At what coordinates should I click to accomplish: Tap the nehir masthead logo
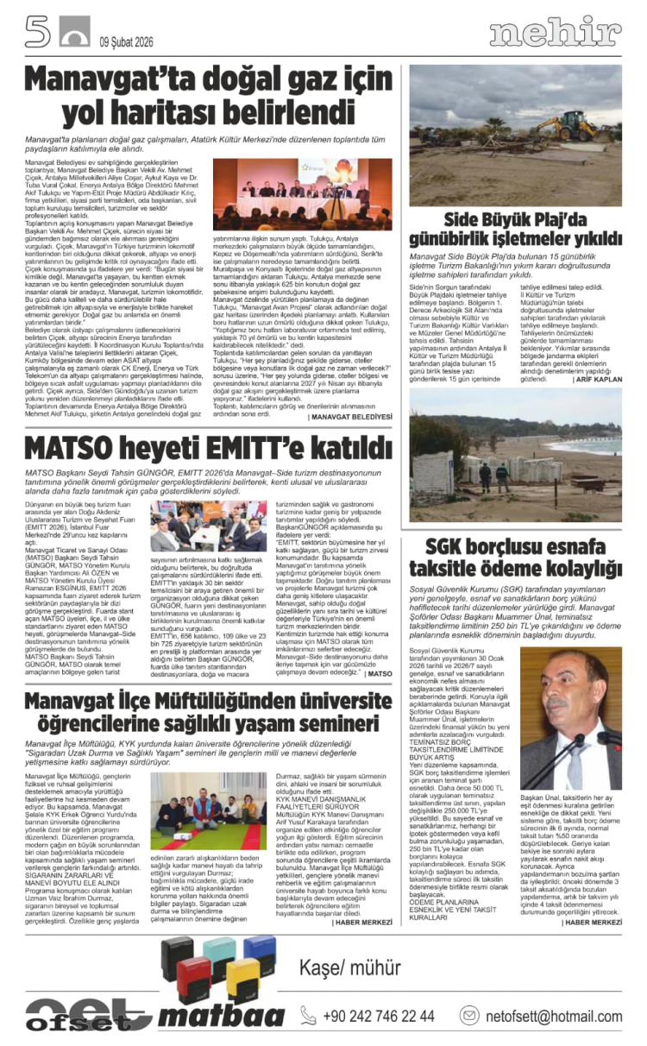[x=555, y=33]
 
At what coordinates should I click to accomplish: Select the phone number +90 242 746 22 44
[x=379, y=1015]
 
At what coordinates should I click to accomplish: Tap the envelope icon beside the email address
[x=469, y=1015]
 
